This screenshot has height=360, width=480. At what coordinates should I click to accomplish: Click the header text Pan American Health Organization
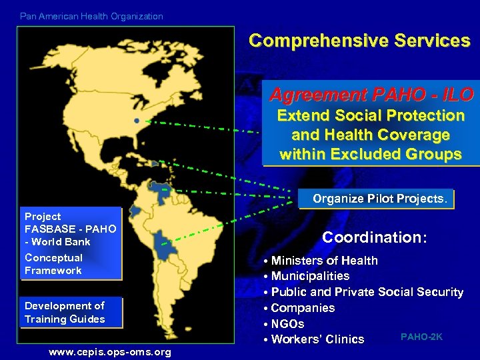91,16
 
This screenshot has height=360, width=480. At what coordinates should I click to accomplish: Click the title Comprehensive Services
359,41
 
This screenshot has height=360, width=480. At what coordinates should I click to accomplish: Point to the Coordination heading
373,237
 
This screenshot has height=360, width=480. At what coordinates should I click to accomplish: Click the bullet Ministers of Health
324,261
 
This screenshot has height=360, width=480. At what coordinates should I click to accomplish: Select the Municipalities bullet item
310,276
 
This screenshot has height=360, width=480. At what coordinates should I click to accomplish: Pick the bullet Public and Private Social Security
367,292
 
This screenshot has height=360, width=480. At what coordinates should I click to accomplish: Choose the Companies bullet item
303,308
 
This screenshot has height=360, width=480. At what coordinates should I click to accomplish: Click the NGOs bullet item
287,324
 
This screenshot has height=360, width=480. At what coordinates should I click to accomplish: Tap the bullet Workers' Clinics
317,339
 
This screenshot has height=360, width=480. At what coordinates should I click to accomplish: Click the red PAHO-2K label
421,337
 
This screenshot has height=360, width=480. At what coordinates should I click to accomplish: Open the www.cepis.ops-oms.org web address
109,352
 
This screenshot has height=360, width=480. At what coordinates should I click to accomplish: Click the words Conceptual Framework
53,264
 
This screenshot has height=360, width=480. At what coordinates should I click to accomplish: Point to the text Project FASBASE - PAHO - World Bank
70,229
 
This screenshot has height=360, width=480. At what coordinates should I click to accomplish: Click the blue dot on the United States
137,121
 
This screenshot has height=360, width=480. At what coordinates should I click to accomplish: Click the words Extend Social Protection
371,116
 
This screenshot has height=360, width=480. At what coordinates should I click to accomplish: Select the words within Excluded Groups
370,155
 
